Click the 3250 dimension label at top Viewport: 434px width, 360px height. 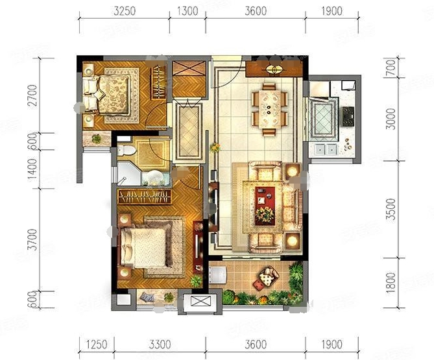(x=125, y=11)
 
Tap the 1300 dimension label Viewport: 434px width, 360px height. (x=187, y=11)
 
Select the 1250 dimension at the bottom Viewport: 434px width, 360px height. (x=97, y=345)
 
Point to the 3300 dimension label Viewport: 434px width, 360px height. (x=160, y=345)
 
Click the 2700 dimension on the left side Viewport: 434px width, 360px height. (x=32, y=96)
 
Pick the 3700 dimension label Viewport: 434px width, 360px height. (x=32, y=239)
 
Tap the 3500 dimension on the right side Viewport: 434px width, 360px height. (x=391, y=209)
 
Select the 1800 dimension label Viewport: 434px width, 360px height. (x=391, y=283)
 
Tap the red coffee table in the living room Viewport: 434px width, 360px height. (x=265, y=206)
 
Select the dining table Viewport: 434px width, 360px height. (x=269, y=109)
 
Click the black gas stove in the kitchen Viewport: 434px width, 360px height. (x=348, y=117)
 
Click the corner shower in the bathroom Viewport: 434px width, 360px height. (x=128, y=174)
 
